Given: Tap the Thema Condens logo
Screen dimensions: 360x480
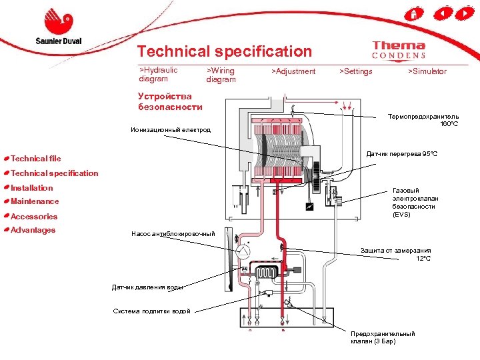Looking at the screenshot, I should coord(399,51).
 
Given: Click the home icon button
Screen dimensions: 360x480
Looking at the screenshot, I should coord(415,13).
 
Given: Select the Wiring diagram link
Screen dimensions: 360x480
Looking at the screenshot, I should coord(221,74).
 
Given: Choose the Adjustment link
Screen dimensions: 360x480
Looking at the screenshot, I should coord(293,71).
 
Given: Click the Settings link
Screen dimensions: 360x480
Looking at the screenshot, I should coord(356,71).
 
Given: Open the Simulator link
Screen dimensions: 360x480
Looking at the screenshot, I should coord(427,71).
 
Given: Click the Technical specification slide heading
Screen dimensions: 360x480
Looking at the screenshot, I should coord(224,51).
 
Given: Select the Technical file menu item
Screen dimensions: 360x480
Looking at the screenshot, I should coord(36,159).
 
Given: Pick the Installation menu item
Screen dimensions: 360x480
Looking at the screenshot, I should coord(32,188).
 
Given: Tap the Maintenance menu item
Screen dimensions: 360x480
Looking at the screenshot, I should coord(35,201).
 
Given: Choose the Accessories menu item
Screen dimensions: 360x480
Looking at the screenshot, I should coord(34,217).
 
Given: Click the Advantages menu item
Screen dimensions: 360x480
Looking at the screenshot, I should coord(33,230).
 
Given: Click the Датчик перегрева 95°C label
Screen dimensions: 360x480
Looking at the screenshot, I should coord(401,155).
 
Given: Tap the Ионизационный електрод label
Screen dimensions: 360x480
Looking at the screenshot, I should coord(170,129).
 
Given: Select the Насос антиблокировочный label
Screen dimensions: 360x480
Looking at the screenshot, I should coord(173,233).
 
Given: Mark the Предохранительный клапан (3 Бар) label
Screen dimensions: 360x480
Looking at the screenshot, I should coord(382,337).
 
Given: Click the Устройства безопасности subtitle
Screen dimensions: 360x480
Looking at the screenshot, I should coord(170,101).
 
